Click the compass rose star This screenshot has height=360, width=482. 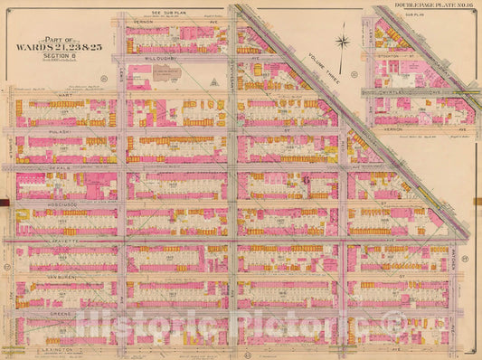click(x=343, y=41)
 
